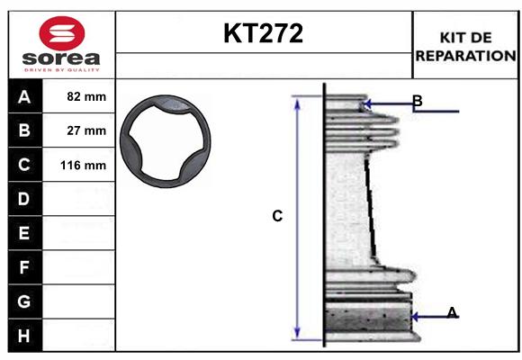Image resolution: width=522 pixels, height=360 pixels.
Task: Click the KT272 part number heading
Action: point(263,34)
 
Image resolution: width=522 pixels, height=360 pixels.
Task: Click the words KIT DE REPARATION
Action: point(465,46)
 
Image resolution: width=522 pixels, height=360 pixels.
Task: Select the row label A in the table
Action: point(24,96)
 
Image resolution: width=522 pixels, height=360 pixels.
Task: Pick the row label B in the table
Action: point(24,130)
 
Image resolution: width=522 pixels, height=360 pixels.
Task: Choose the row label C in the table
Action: point(24,165)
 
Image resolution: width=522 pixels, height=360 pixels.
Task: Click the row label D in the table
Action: point(24,199)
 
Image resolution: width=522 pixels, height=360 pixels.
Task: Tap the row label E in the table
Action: point(24,233)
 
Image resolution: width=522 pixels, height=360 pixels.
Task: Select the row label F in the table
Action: point(24,267)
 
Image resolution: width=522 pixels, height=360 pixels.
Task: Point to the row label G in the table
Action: point(24,301)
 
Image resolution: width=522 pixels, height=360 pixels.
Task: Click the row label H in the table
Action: point(24,336)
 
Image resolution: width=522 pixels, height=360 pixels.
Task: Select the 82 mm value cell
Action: point(86,96)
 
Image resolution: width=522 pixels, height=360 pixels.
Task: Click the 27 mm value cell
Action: point(86,130)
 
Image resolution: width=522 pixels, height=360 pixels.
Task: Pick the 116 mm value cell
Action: point(86,165)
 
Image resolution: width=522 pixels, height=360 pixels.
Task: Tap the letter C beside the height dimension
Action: point(277,216)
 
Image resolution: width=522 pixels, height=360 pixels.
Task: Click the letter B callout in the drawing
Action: point(417,100)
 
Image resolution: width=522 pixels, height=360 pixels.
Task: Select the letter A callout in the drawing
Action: point(452,312)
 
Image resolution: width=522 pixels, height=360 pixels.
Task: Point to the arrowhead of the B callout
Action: point(365,106)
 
